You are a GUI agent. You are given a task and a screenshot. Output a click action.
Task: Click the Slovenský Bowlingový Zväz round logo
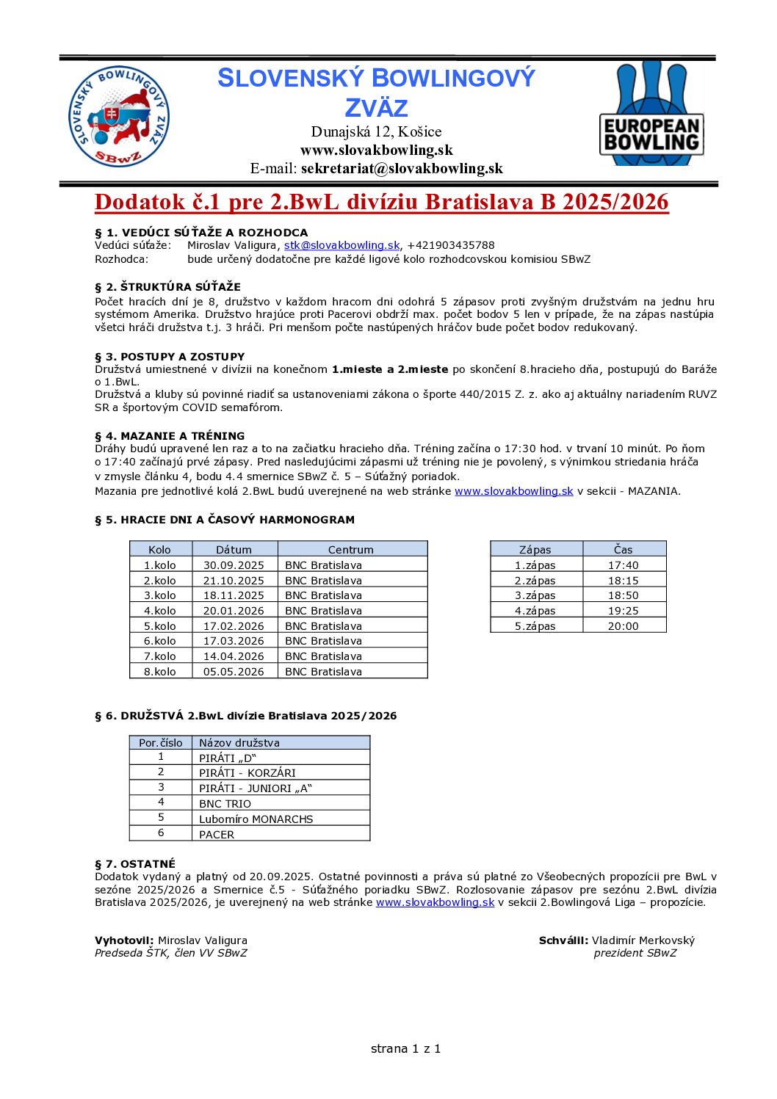coord(118,117)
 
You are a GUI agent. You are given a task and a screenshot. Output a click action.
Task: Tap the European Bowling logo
coord(651,113)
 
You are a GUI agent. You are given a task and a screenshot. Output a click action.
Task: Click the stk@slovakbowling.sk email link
coord(341,245)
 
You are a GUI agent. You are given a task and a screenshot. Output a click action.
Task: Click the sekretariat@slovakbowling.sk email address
coord(402,168)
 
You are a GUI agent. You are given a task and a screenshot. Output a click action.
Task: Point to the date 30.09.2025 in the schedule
coord(234,565)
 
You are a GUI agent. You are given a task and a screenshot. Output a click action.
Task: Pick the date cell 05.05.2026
coord(234,672)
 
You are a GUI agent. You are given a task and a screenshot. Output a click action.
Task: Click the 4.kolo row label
coord(160,611)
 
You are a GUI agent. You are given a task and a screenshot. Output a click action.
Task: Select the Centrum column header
coord(350,549)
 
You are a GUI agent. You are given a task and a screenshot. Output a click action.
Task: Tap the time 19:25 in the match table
coord(623,611)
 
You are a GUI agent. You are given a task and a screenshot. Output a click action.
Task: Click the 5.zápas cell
coord(535,626)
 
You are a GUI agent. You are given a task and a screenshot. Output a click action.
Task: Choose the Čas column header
coord(623,549)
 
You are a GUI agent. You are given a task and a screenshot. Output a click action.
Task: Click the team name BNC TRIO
coord(225,804)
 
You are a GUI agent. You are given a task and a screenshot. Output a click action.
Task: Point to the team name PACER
coord(217,835)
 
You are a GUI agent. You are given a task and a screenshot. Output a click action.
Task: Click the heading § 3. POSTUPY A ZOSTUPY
coord(170,357)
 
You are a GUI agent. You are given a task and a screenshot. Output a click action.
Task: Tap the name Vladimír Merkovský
coord(643,940)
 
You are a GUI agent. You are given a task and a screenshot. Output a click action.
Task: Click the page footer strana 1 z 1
coord(405,1048)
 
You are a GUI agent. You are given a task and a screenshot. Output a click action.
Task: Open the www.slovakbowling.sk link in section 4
coord(513,491)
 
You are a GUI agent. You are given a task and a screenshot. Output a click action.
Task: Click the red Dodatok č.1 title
coord(382,202)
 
